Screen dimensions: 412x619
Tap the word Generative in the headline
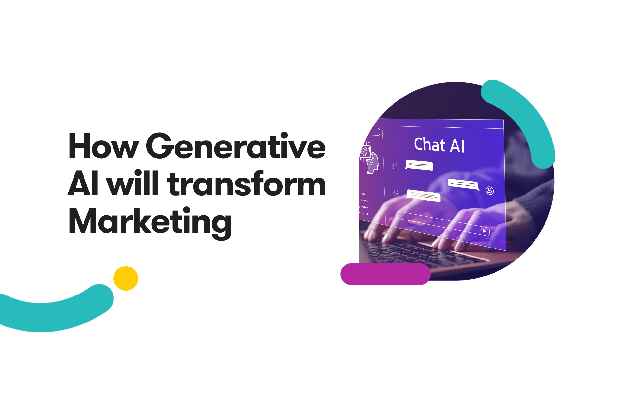coord(236,146)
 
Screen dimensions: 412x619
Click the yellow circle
coord(126,278)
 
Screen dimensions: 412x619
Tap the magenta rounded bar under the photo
coord(386,274)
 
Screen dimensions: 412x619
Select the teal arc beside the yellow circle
coord(55,311)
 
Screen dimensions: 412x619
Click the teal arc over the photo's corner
coord(526,119)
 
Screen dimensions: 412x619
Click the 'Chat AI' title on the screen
coord(439,145)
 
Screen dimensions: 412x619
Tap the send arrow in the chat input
coord(484,231)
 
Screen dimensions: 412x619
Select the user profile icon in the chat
coord(490,191)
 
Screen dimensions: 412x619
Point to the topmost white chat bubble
coord(419,165)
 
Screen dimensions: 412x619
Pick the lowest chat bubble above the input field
coord(423,196)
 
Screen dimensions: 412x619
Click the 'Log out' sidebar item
coord(364,213)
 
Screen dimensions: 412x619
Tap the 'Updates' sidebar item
coord(365,207)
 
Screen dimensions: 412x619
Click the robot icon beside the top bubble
coord(395,166)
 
